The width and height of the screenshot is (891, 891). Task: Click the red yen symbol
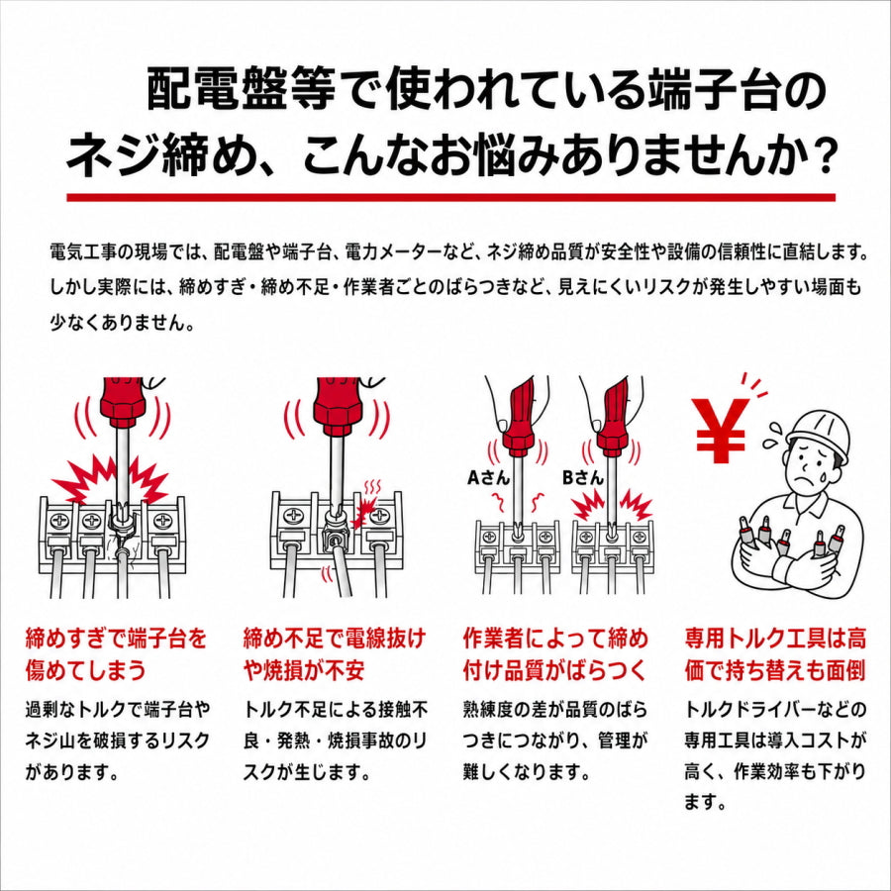tap(720, 431)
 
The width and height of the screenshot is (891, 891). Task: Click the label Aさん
tap(488, 477)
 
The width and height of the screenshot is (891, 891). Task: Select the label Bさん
tap(582, 477)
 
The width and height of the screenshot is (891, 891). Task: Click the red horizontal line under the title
tap(450, 197)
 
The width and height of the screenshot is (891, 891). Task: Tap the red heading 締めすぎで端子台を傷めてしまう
tap(116, 654)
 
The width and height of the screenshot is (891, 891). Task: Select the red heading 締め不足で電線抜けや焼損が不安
tap(335, 654)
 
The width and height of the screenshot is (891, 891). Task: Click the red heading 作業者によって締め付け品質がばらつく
tap(555, 654)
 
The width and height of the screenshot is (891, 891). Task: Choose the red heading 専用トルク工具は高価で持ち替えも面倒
tap(775, 654)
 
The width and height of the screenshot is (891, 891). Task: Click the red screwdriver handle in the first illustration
tap(123, 402)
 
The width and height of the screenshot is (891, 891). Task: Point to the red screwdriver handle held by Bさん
tap(613, 418)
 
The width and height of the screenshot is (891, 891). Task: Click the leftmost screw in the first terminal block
tap(60, 520)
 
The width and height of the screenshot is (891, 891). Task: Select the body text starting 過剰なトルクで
tap(118, 741)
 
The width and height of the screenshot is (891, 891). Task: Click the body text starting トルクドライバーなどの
tap(775, 755)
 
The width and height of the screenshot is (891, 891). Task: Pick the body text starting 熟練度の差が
tap(555, 741)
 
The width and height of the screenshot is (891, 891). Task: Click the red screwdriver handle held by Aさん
tap(520, 418)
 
